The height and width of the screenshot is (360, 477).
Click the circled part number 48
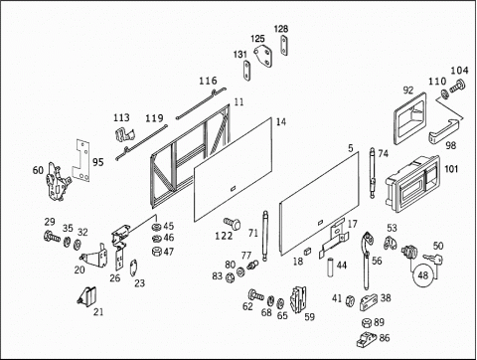(422, 274)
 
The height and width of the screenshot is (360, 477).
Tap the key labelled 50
(433, 259)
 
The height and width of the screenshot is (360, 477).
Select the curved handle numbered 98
(444, 130)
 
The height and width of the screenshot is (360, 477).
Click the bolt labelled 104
(457, 86)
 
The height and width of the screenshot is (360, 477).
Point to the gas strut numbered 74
(373, 173)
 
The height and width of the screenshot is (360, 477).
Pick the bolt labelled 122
(233, 224)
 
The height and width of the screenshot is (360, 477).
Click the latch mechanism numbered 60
(58, 182)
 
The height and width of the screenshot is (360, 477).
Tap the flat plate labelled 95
(81, 160)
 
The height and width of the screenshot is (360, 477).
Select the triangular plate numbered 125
(263, 57)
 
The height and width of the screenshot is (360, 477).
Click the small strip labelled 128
(284, 46)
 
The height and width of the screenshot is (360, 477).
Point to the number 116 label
(208, 81)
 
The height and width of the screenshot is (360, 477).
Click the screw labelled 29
(52, 237)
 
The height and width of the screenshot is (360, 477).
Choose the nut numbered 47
(156, 252)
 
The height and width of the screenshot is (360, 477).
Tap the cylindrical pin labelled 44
(331, 267)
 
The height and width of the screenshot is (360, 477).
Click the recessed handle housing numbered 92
(409, 118)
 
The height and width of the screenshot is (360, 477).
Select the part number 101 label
(451, 169)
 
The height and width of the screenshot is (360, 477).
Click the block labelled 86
(367, 339)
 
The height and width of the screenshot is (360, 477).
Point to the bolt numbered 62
(255, 294)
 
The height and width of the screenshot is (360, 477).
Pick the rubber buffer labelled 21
(87, 296)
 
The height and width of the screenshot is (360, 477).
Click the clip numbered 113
(124, 135)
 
